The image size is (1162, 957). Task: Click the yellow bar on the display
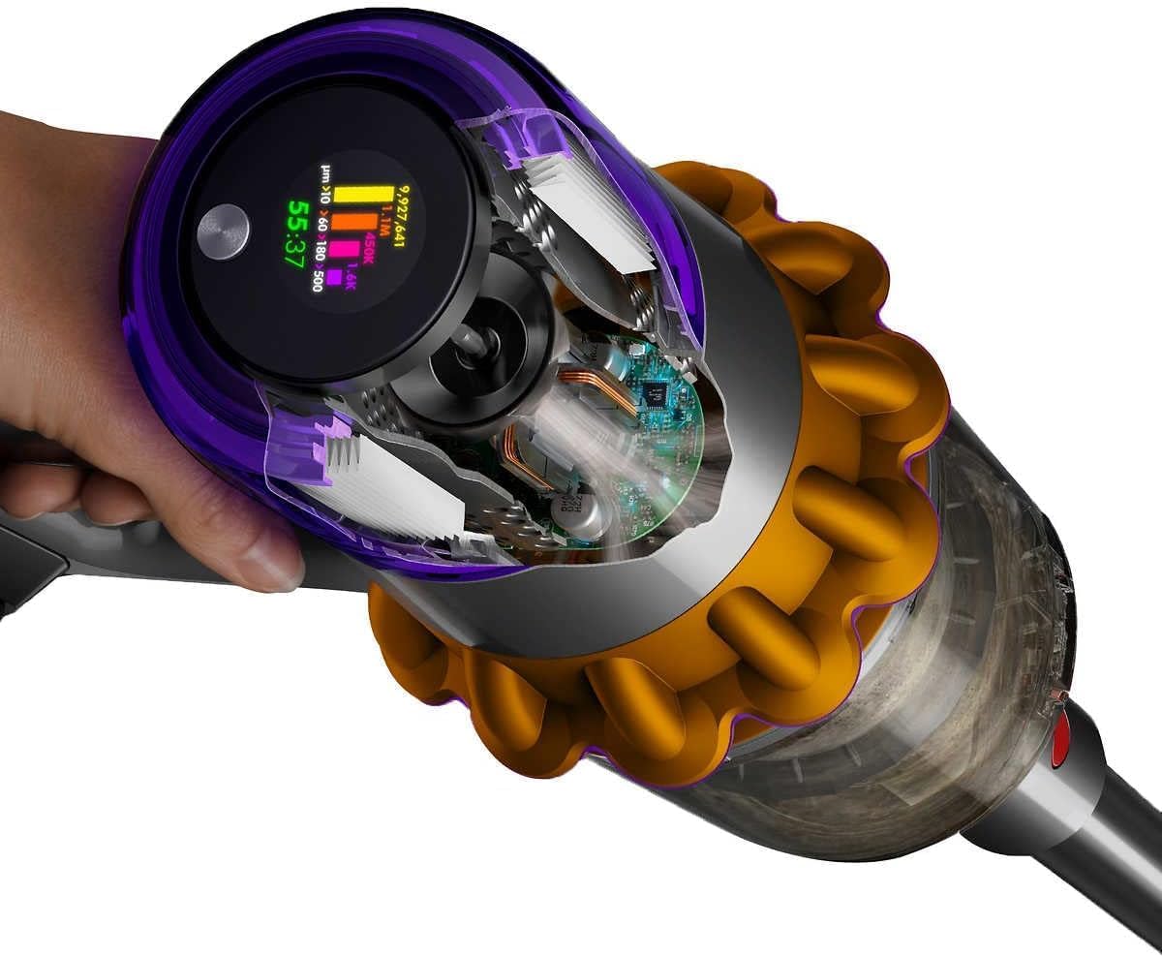click(x=364, y=196)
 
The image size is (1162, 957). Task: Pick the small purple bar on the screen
click(x=332, y=278)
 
